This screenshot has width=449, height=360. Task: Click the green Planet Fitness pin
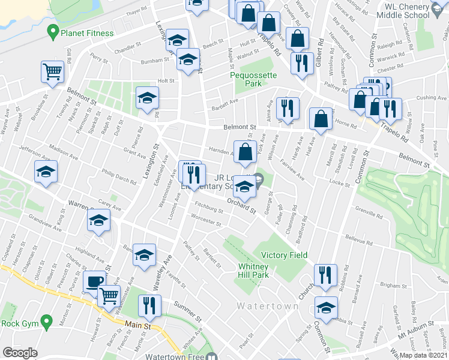53,31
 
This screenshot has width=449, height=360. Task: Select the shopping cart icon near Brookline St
53,72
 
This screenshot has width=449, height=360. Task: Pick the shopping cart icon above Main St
109,295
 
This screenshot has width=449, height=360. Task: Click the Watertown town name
267,306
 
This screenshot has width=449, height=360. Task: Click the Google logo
20,353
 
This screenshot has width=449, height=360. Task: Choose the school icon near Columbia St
325,308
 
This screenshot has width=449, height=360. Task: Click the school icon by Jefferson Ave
46,172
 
